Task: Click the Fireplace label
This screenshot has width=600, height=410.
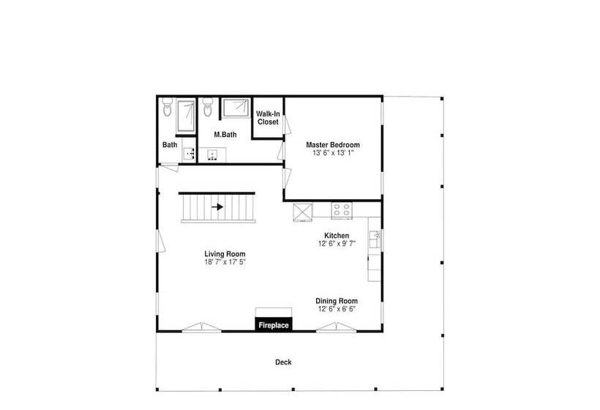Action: click(274, 325)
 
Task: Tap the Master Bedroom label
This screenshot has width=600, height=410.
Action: click(333, 145)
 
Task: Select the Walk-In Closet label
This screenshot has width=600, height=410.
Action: click(268, 118)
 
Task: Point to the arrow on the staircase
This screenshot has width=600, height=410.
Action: click(217, 207)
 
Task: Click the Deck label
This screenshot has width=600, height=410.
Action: click(283, 362)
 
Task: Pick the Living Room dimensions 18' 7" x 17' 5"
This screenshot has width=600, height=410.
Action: click(225, 262)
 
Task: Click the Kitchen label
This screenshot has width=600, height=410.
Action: click(337, 236)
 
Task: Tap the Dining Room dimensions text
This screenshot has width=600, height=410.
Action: click(337, 309)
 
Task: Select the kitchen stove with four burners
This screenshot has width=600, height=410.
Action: click(342, 210)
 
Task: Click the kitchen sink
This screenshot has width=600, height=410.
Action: click(375, 239)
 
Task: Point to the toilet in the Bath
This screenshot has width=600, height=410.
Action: click(168, 107)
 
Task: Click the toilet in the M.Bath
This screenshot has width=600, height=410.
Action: click(208, 107)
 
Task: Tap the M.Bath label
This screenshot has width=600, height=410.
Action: click(225, 135)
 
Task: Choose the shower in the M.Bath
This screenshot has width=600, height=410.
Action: click(236, 108)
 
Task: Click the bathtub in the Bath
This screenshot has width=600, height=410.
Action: click(186, 116)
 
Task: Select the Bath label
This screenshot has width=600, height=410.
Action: click(170, 145)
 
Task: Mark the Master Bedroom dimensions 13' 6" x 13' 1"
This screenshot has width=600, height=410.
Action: click(333, 153)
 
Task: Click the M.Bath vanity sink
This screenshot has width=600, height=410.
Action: click(212, 155)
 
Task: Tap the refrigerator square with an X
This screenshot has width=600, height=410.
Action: click(303, 212)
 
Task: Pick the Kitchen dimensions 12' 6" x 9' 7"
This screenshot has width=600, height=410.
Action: click(337, 244)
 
